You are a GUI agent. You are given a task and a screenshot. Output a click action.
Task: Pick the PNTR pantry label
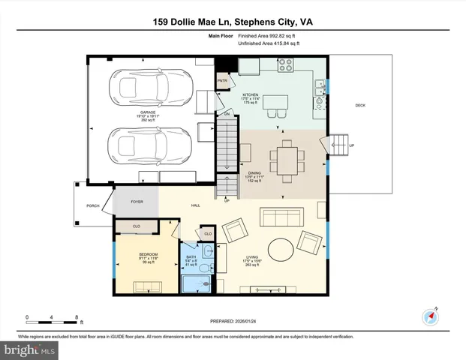coord(222,80)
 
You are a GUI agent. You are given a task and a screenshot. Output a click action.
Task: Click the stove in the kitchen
coord(286,66)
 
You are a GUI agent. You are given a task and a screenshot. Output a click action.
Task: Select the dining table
coord(287,159)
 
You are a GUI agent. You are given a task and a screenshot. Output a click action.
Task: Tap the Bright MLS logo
coord(29,349)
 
